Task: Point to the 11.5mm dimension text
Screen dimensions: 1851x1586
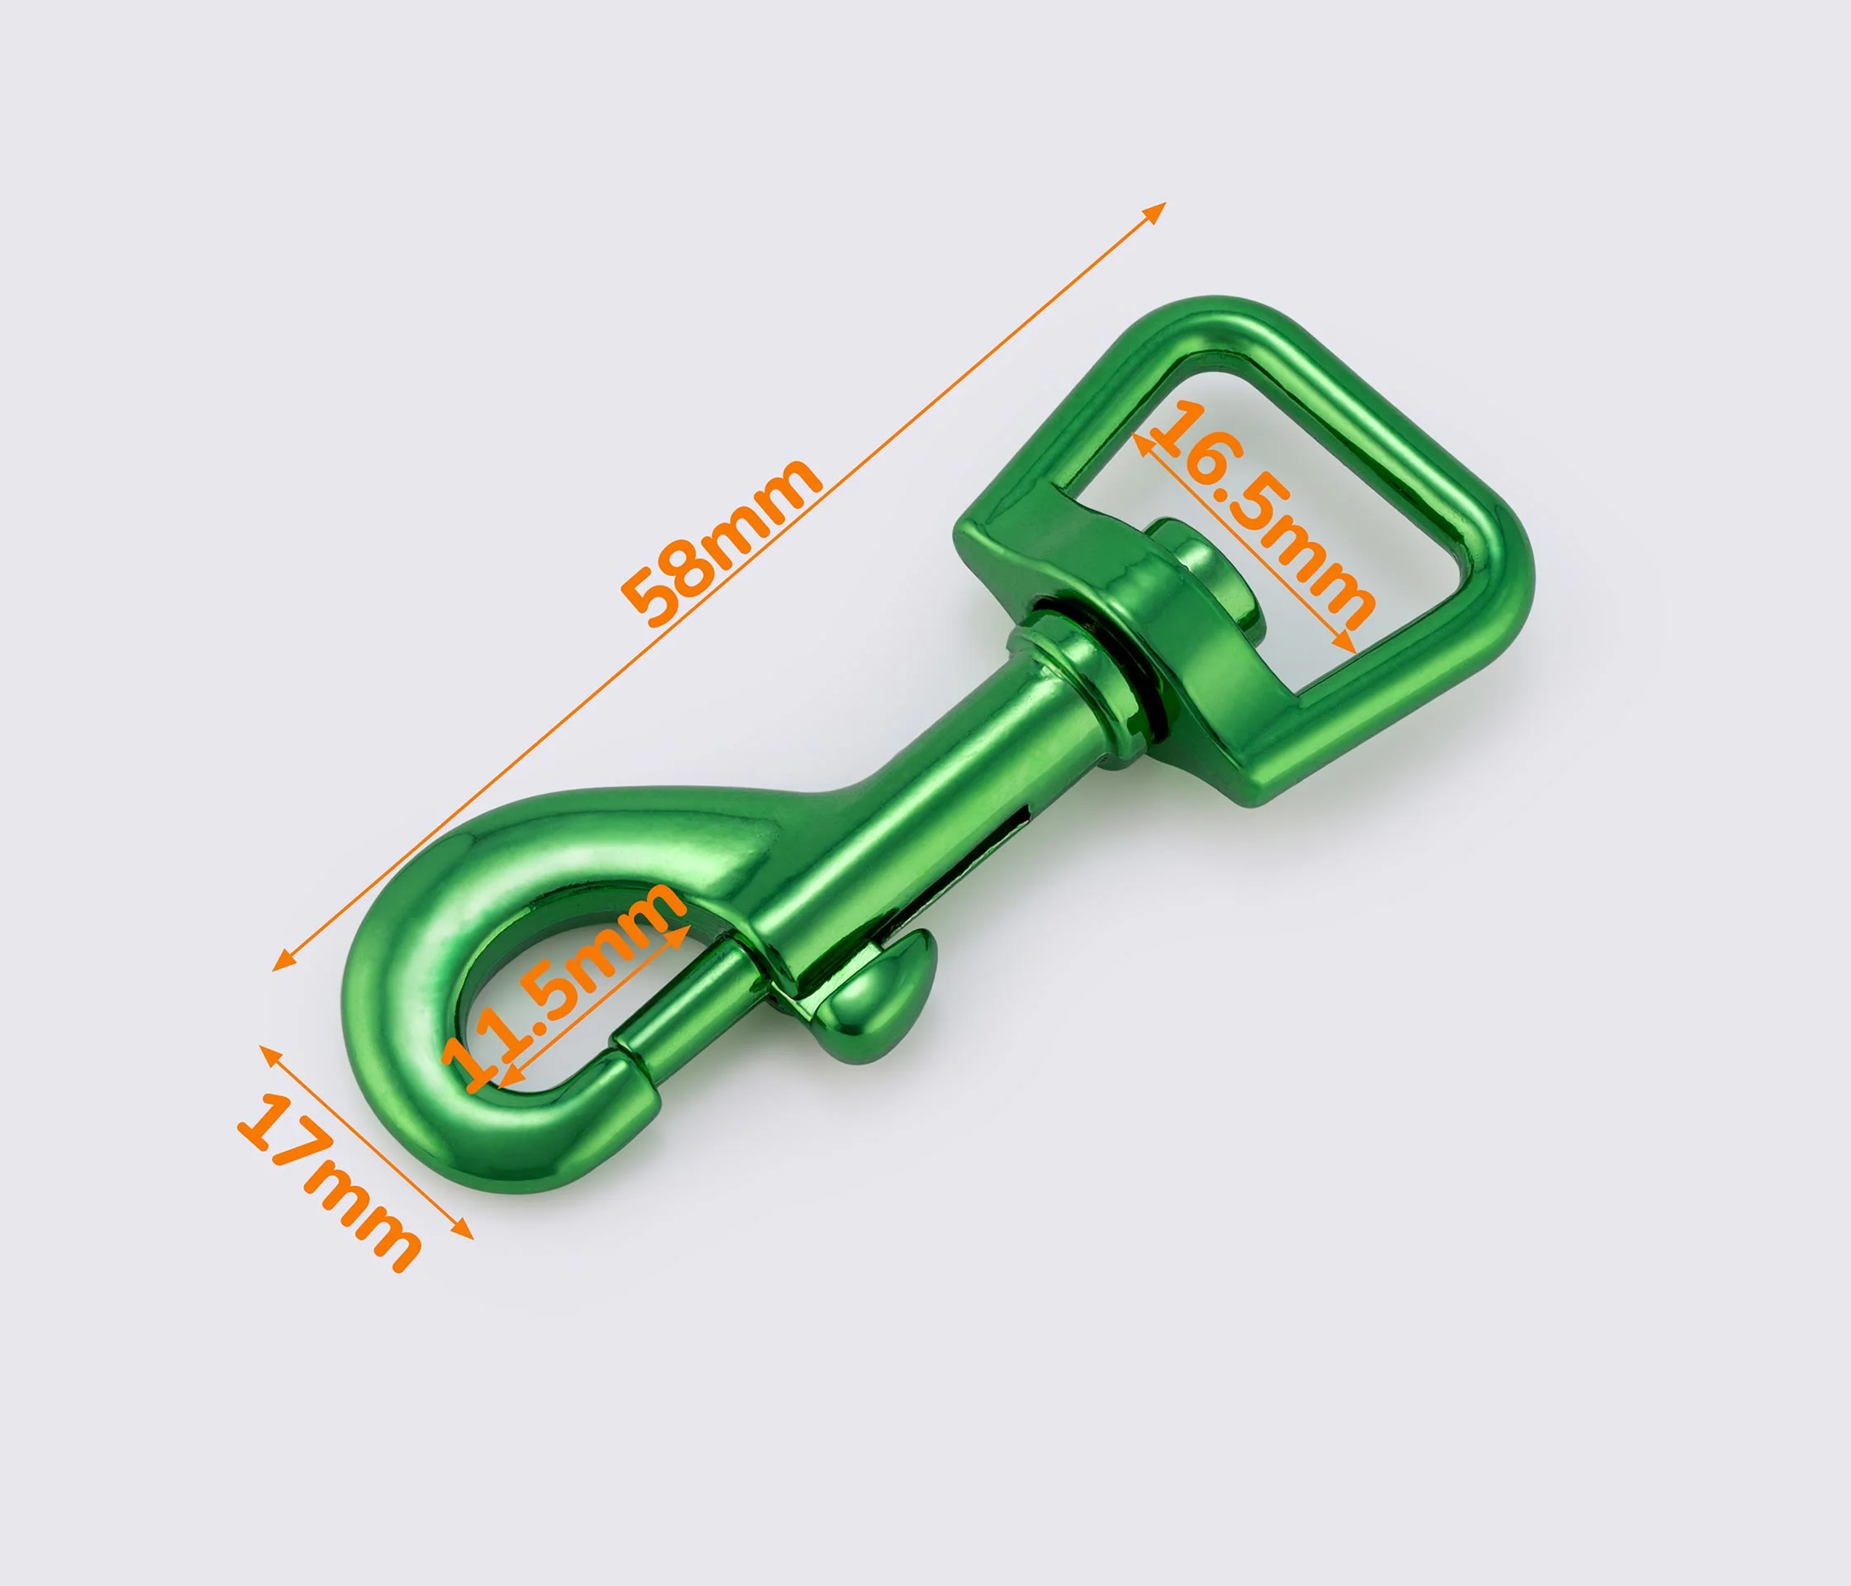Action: (564, 985)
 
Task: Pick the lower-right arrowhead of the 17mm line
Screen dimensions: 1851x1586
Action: (464, 1231)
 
